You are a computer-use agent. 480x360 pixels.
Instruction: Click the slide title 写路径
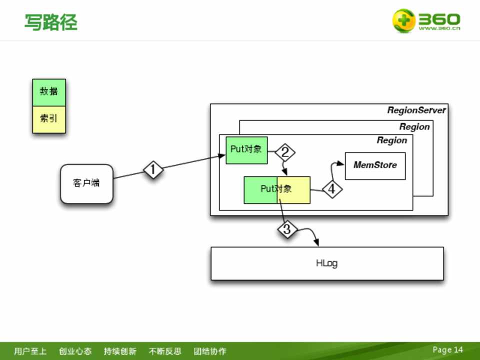(51, 22)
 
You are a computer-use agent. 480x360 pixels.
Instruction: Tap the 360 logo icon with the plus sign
(403, 21)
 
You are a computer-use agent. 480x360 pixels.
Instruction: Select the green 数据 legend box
(49, 92)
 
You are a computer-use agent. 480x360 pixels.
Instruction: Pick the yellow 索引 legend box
(49, 119)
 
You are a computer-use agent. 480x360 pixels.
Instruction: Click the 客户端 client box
(86, 183)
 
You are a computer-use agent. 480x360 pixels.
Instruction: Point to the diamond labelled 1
(153, 170)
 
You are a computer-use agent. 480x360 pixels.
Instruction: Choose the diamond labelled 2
(285, 152)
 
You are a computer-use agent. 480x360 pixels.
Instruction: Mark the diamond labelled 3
(287, 230)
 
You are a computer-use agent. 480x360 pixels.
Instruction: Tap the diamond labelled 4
(331, 189)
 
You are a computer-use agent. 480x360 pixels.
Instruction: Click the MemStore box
(375, 165)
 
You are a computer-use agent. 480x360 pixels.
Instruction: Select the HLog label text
(326, 263)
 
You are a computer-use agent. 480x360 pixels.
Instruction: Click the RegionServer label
(416, 110)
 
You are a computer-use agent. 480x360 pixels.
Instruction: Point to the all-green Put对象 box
(246, 149)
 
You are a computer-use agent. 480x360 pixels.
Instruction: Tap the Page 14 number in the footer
(447, 349)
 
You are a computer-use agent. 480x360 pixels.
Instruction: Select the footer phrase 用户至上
(30, 351)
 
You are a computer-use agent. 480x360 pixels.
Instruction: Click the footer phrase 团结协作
(210, 351)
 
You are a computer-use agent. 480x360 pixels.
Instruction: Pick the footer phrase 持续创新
(120, 351)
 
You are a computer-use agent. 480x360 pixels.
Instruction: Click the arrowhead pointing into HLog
(317, 243)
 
